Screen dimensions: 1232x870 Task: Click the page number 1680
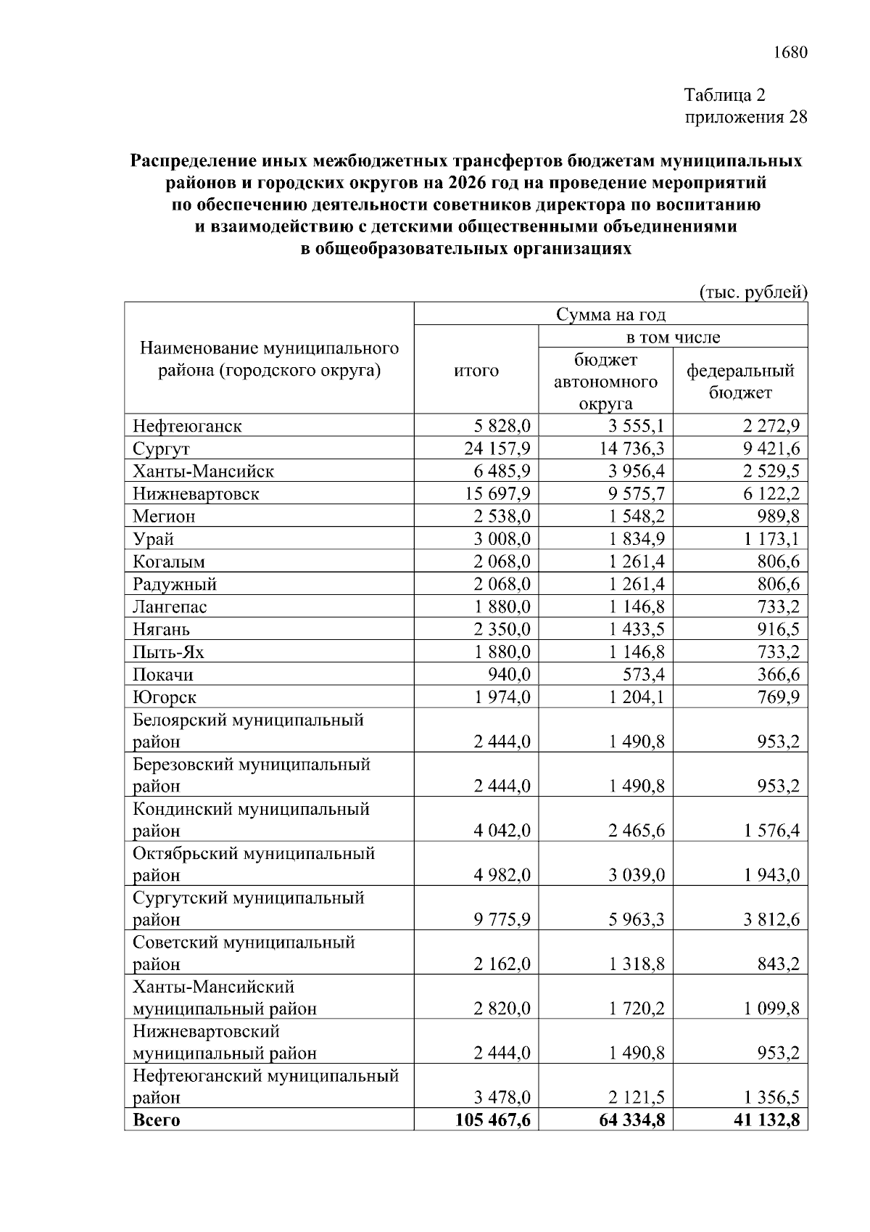(790, 53)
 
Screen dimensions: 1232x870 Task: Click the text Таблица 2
(724, 95)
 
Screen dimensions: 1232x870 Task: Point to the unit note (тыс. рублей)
(753, 292)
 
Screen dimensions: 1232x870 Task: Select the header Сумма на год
(610, 315)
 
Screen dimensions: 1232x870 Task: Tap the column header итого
(476, 371)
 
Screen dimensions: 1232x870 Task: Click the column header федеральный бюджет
(740, 382)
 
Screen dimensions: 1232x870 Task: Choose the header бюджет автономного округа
(605, 382)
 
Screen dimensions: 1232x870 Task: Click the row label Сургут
(161, 448)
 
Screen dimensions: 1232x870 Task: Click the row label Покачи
(163, 675)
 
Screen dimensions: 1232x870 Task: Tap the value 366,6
(778, 675)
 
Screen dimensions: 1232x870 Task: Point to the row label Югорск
(165, 697)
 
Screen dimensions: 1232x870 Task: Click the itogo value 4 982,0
(502, 875)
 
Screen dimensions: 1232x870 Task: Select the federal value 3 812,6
(771, 920)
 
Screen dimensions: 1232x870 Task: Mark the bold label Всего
(156, 1120)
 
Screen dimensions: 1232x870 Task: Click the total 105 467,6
(492, 1120)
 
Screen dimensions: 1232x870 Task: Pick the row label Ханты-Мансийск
(203, 472)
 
